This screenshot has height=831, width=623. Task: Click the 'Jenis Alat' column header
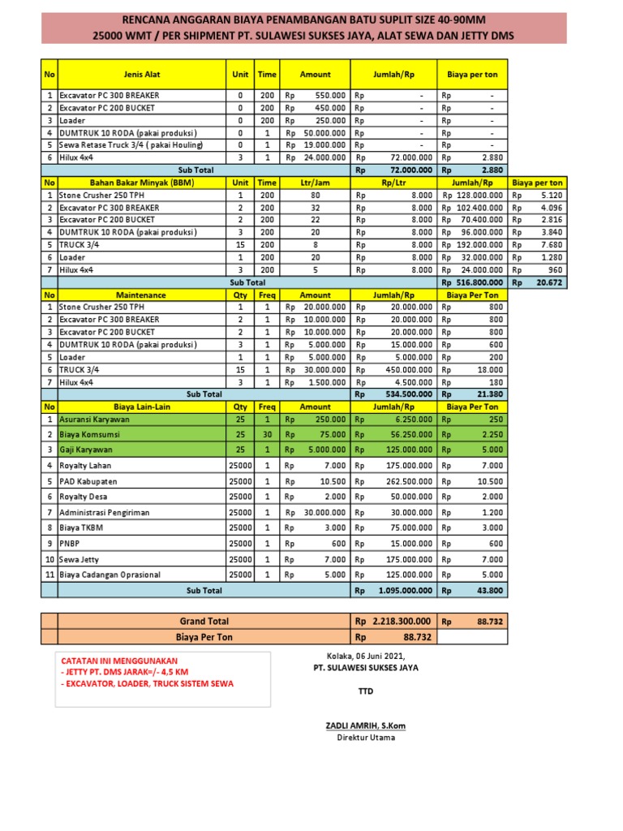[x=142, y=74]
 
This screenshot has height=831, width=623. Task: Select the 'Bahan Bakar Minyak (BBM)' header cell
[x=142, y=183]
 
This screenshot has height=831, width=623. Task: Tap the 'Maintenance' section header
[x=142, y=295]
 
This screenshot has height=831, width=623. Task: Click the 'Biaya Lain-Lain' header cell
[x=142, y=407]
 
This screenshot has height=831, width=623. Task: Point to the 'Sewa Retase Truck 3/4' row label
[x=130, y=145]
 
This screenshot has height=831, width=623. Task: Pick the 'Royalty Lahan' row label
[x=85, y=466]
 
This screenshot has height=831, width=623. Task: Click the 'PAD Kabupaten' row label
[x=88, y=481]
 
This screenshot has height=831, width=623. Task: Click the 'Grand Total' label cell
[x=204, y=622]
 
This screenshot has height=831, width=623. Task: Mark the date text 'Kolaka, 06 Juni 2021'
[x=365, y=656]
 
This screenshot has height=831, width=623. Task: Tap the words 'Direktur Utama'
[x=366, y=738]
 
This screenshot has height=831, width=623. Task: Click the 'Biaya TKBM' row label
[x=82, y=528]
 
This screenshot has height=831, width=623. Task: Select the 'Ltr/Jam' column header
[x=316, y=183]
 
